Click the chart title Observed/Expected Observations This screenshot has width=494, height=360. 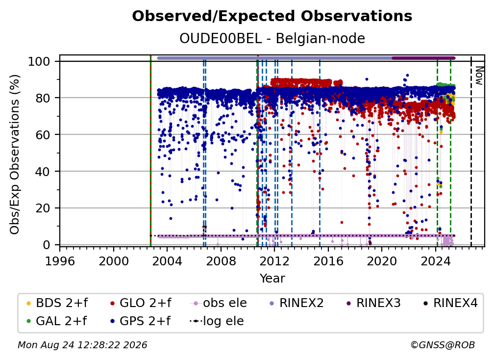point(272,16)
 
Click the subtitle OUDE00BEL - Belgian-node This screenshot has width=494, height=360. point(272,38)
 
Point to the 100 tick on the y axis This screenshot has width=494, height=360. point(39,61)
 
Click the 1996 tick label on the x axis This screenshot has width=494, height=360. point(60,261)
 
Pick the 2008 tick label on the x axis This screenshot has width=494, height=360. point(221,261)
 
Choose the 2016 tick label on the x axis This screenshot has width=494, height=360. point(328,261)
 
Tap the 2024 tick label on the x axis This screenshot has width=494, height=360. point(436,261)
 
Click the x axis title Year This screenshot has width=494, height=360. point(272,278)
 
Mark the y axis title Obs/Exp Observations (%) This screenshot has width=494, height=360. point(15,154)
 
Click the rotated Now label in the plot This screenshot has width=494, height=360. point(479,76)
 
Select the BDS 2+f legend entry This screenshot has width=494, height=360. point(57,303)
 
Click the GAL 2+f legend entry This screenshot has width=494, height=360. point(56,321)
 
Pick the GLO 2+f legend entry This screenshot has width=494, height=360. point(141,303)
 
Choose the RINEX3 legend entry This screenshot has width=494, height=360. point(373,303)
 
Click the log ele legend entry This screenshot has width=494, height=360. point(217,321)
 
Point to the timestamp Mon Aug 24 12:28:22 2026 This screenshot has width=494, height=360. point(82,345)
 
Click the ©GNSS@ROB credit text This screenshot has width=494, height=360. point(443,345)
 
